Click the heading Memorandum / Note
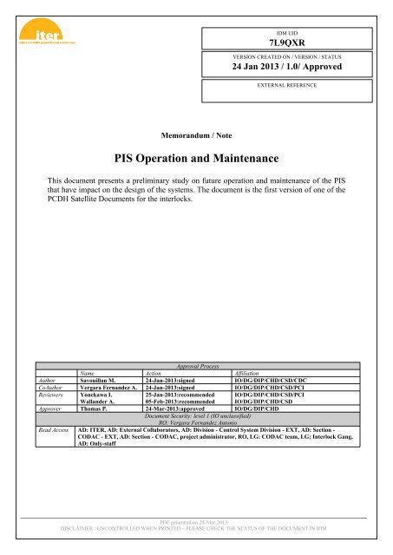tap(195, 135)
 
